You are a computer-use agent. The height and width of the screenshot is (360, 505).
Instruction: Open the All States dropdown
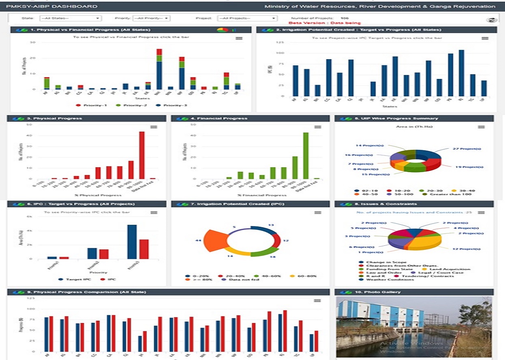coord(70,18)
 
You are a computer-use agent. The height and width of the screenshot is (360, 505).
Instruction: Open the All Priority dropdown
coord(151,18)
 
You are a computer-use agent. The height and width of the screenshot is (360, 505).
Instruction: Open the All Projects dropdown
coord(247,18)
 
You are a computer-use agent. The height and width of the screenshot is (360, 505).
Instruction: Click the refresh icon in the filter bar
coord(491,20)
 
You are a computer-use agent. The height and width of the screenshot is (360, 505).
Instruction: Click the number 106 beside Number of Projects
coord(345,18)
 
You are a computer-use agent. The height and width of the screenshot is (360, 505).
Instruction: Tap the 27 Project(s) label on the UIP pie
coord(461,149)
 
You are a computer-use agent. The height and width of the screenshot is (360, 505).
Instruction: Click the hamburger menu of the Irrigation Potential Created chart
coord(485,38)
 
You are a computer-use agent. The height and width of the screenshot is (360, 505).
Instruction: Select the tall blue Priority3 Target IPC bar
coord(132,241)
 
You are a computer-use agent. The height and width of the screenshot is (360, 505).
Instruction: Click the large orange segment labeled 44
coord(215,241)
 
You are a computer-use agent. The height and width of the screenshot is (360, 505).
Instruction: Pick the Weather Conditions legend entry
coord(383,279)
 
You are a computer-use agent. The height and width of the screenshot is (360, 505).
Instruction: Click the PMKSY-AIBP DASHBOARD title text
coord(51,6)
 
